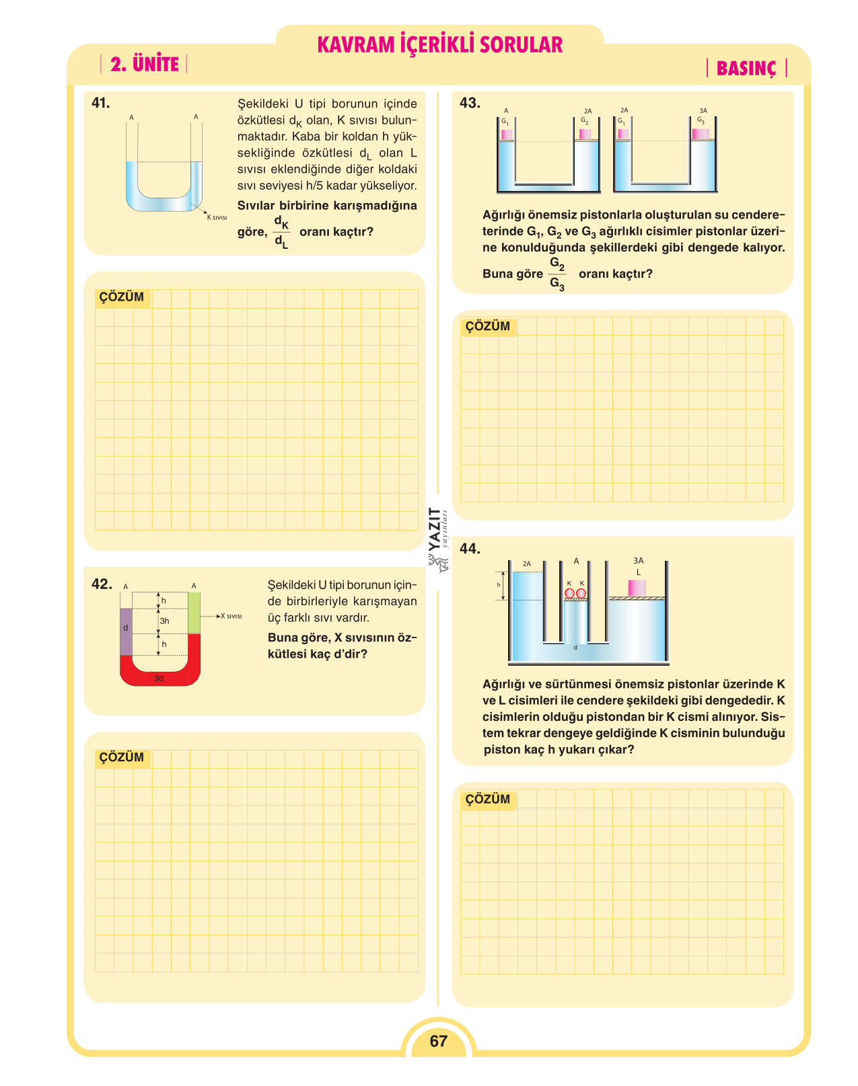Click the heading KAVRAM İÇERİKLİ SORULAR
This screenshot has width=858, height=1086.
point(439,45)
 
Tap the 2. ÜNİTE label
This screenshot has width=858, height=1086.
point(145,64)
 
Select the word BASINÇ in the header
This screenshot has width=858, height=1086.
point(746,69)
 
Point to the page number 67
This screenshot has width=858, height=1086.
point(438,1040)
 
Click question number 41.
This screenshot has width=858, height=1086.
point(100,103)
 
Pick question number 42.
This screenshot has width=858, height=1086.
point(102,584)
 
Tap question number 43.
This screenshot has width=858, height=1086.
point(470,103)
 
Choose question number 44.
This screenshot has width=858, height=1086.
point(470,549)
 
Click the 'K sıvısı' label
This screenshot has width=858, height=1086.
point(217,217)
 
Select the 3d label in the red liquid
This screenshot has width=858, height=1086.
point(159,678)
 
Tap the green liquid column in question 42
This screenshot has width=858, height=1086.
point(194,613)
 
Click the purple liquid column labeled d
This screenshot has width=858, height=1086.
point(126,632)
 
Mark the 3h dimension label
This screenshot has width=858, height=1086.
point(165,621)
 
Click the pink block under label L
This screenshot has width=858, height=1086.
point(637,588)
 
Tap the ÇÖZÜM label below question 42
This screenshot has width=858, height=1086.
point(122,757)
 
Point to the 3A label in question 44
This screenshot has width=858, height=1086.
point(639,561)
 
